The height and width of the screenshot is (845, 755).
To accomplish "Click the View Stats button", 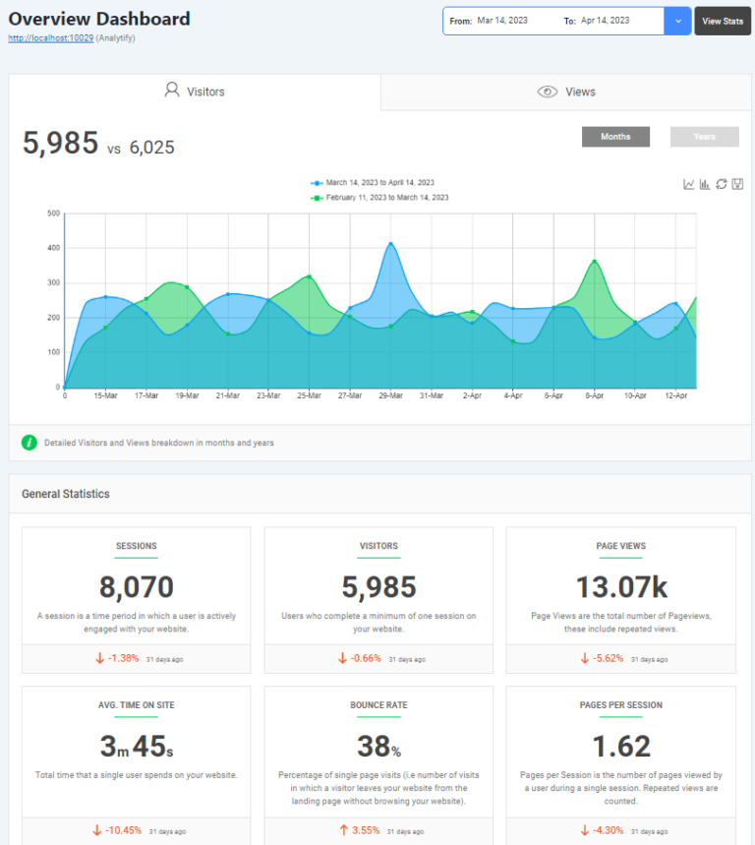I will [x=723, y=21].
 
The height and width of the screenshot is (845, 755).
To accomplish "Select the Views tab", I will [x=566, y=91].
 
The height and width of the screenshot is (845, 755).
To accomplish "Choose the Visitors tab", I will [x=195, y=91].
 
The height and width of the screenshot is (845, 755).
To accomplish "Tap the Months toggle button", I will [x=615, y=137].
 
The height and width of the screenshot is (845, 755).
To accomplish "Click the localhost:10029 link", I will [x=50, y=37].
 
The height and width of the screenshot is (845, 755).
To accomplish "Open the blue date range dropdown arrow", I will [x=677, y=21].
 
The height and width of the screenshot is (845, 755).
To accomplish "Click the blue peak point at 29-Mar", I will [x=390, y=244].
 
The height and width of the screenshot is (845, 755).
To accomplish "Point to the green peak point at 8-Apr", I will [x=595, y=262].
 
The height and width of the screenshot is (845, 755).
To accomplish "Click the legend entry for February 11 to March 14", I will [x=386, y=198].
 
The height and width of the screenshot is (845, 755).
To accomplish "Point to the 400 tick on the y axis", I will [x=54, y=248].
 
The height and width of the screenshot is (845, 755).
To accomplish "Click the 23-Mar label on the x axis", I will [x=268, y=395].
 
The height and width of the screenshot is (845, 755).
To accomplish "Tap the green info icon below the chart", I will [x=29, y=443].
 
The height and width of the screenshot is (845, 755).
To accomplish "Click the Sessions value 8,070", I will [x=136, y=587].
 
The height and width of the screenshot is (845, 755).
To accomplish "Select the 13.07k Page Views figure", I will [x=620, y=587].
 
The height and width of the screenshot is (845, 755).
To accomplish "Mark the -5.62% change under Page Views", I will [x=603, y=658].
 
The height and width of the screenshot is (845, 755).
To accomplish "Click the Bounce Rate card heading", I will [x=378, y=705].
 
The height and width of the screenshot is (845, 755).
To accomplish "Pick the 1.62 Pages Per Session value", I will [x=620, y=746].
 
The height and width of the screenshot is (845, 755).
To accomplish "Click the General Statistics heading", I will [x=66, y=494].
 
